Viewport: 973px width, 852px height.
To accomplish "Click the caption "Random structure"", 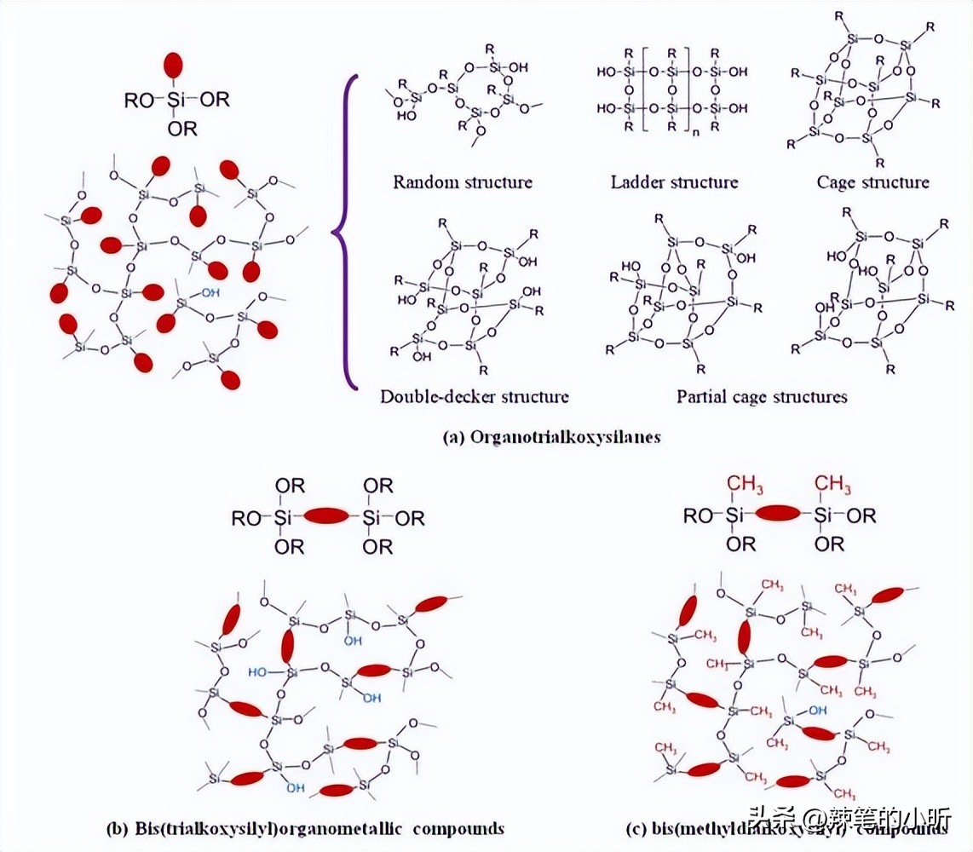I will click(x=462, y=182).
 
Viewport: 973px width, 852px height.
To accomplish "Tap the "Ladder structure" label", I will click(x=674, y=182).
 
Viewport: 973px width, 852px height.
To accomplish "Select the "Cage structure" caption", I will click(x=872, y=182).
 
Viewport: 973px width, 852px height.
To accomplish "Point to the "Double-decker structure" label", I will click(x=475, y=396).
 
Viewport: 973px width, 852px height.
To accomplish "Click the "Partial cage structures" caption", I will click(x=762, y=396).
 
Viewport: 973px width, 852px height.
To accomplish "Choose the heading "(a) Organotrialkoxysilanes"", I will click(x=552, y=437).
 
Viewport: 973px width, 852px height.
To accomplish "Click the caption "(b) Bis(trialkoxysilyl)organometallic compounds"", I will click(x=305, y=828).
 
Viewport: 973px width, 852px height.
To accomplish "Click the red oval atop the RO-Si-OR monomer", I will click(x=175, y=66).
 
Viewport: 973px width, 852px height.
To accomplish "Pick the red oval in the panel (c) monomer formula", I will click(x=778, y=513).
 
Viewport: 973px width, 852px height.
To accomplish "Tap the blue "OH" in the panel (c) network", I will click(x=817, y=710).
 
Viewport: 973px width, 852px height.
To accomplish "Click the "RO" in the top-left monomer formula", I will click(x=139, y=101).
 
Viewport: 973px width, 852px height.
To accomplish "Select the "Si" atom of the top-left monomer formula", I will click(x=176, y=101).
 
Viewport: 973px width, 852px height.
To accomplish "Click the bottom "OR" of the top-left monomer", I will click(x=182, y=130).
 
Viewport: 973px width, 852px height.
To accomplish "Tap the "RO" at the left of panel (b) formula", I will click(x=248, y=517).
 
